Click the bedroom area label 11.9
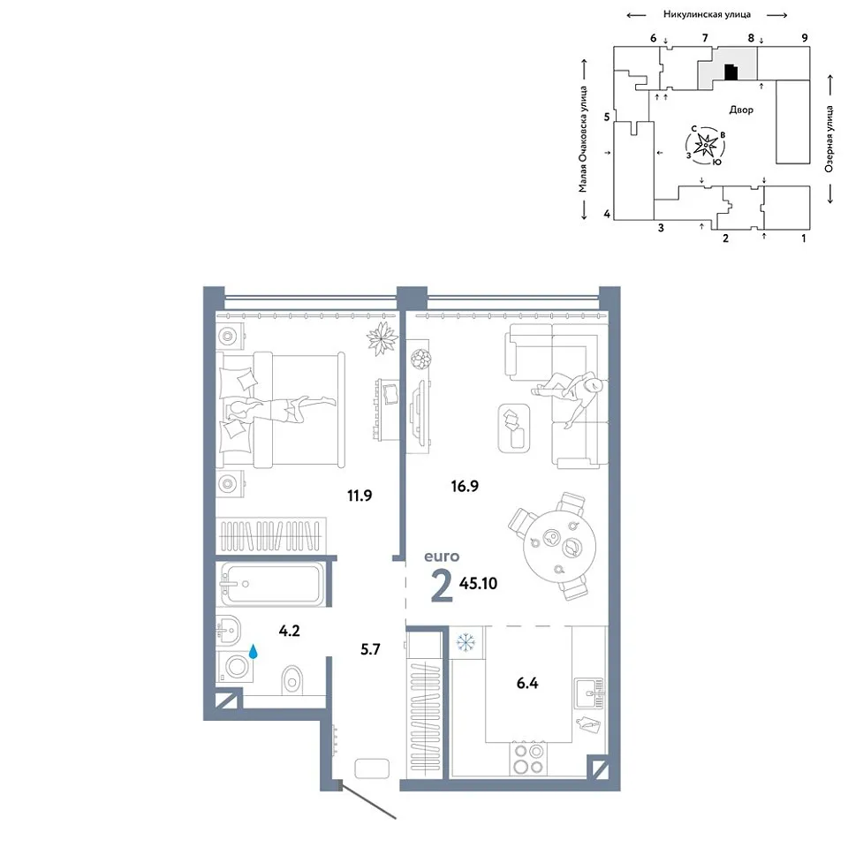tap(360, 496)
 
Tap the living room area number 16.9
tap(465, 486)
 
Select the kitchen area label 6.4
tap(527, 683)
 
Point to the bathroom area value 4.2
tap(290, 631)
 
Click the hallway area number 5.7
tap(370, 649)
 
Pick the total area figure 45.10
tap(478, 584)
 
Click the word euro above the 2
tap(442, 556)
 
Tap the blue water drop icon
tap(253, 651)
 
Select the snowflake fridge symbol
tap(465, 642)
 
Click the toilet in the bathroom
tap(292, 680)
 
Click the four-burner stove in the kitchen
tap(528, 759)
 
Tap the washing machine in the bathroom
tap(235, 666)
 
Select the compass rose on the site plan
tap(706, 145)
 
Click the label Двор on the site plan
tap(741, 110)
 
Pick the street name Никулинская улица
tap(707, 15)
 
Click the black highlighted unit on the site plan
tap(731, 72)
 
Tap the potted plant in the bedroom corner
tap(382, 338)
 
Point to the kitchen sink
tap(589, 693)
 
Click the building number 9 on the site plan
tap(805, 38)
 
